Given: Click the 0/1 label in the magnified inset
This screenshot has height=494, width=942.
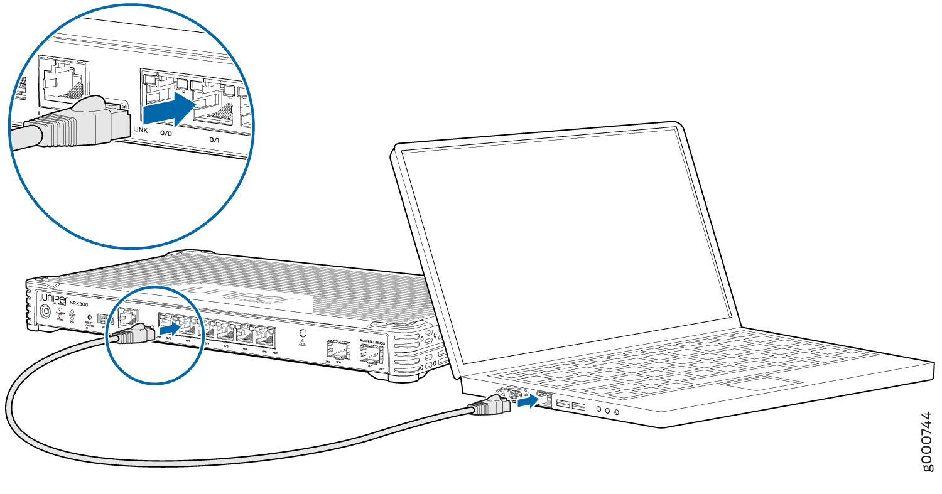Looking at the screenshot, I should pos(214,140).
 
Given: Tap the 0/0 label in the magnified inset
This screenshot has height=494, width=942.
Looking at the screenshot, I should pos(166,134).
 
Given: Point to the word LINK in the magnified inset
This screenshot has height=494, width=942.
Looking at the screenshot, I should pos(140,130).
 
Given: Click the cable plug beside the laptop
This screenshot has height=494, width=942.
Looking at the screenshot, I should pos(490,407).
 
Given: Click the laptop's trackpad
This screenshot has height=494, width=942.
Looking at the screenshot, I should pos(761,384).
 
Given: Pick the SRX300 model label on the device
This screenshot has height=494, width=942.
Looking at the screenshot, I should pos(80,303).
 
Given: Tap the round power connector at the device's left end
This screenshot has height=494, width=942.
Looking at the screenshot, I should pos(45,311).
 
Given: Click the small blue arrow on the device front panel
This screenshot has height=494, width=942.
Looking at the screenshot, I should pos(169,328).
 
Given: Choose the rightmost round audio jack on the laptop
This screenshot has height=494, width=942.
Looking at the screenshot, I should pos(617,412).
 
